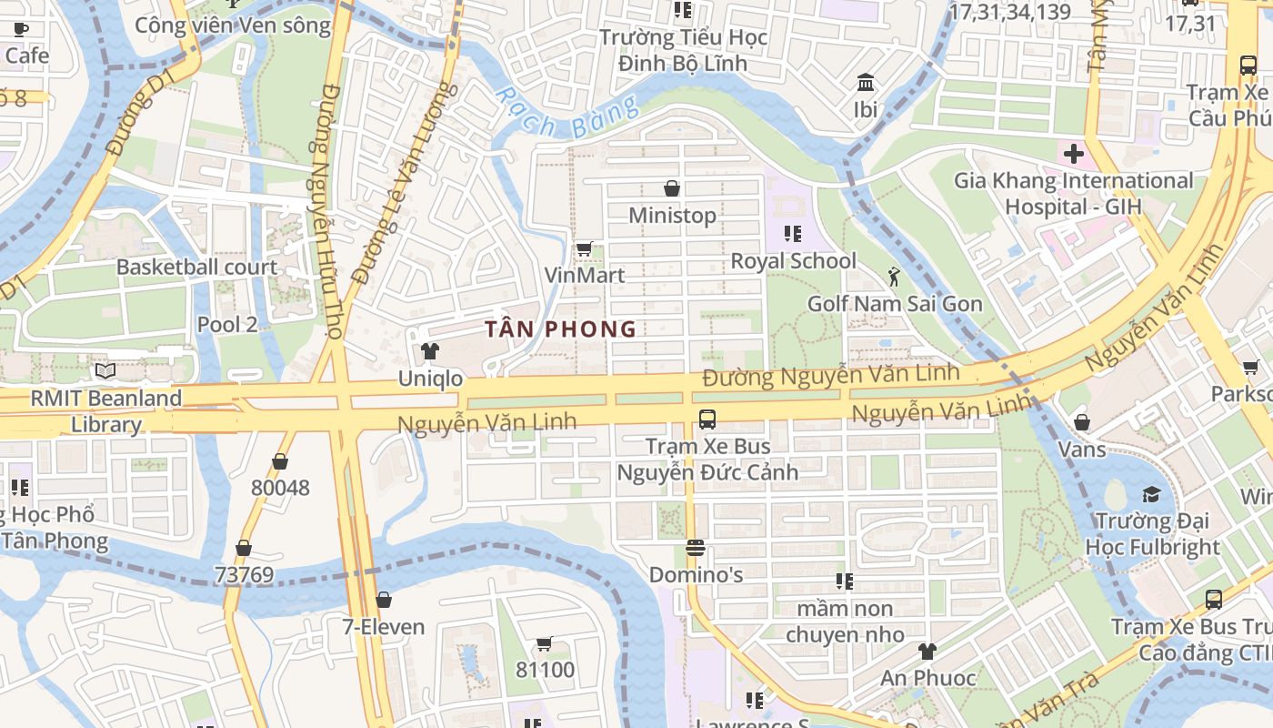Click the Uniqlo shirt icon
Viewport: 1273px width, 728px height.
click(430, 351)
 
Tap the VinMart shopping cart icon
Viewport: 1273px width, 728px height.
click(585, 248)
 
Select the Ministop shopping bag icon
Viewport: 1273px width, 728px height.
click(672, 188)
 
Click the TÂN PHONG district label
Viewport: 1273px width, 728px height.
click(560, 329)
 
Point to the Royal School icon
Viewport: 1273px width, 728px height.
click(793, 234)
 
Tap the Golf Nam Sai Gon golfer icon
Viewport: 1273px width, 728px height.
click(895, 276)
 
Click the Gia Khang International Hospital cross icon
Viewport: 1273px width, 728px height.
click(1074, 154)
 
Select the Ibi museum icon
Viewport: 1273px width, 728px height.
click(866, 83)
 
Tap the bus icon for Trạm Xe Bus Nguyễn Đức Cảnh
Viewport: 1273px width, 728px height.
click(707, 420)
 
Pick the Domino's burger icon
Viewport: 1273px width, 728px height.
click(696, 548)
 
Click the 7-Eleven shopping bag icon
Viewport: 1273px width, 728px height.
click(384, 600)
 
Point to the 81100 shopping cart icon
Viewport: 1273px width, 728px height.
click(545, 643)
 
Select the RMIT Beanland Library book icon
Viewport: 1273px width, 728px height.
click(105, 371)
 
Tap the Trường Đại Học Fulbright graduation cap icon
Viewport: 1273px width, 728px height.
click(1152, 494)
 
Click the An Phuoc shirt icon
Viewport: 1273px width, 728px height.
click(927, 651)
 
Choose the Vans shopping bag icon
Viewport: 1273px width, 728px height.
click(1082, 422)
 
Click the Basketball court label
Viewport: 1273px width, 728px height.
click(196, 267)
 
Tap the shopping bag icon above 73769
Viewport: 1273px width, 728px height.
click(244, 548)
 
